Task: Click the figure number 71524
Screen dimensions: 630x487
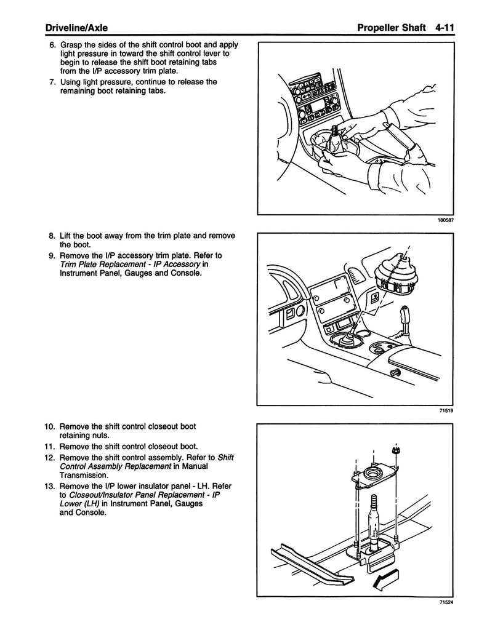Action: (x=445, y=602)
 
